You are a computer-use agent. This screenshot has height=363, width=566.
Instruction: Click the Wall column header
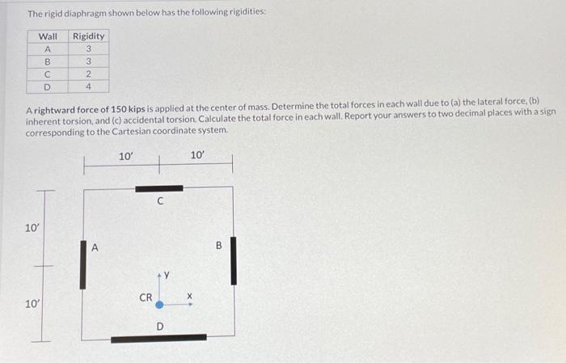click(x=49, y=36)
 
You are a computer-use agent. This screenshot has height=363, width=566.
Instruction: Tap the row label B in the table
click(x=48, y=61)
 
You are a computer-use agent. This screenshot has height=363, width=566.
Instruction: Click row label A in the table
click(x=48, y=49)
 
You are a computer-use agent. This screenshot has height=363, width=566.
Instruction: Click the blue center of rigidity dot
click(x=160, y=306)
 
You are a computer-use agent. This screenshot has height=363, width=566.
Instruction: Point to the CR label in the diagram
click(x=146, y=298)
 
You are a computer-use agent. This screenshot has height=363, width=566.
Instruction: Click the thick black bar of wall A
click(x=82, y=263)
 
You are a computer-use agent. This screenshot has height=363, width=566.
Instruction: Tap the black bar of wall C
click(x=159, y=188)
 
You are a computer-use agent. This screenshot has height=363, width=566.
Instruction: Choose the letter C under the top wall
click(x=160, y=204)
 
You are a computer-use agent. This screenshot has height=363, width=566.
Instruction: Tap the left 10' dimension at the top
click(x=125, y=155)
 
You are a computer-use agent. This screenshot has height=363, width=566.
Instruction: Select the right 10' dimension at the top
click(x=197, y=154)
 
